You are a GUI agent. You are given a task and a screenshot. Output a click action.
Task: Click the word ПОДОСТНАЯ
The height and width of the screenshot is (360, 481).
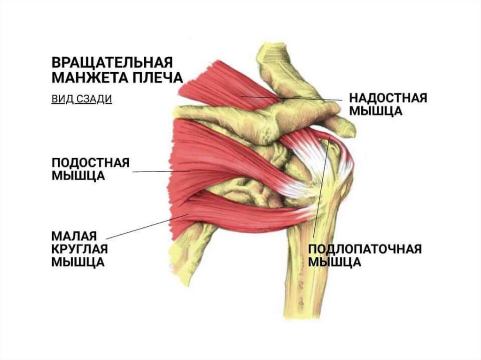click(x=89, y=162)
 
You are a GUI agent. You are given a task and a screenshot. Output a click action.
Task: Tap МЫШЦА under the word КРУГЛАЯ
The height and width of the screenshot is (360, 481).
click(x=78, y=262)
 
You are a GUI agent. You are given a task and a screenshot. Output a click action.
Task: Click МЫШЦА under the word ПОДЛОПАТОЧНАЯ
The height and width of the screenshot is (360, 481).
click(x=334, y=262)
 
